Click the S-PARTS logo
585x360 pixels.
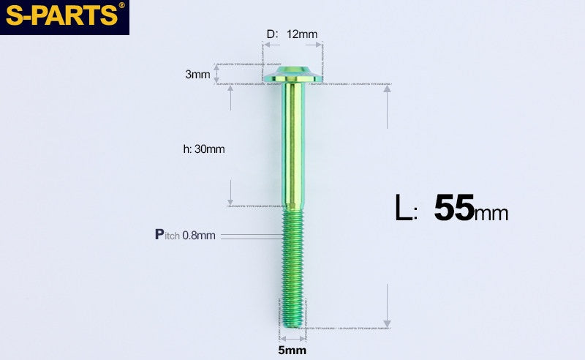[63, 16]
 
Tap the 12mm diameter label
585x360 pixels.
[302, 34]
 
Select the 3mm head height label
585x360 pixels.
[197, 75]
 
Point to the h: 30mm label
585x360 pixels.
[204, 149]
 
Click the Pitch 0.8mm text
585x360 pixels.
[185, 235]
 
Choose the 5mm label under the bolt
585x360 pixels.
[292, 350]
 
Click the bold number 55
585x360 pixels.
[453, 208]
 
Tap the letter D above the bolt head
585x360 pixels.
[271, 34]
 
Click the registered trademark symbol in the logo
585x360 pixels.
[121, 6]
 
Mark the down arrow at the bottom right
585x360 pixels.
[388, 323]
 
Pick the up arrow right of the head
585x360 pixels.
[388, 98]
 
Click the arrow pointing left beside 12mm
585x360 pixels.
[266, 45]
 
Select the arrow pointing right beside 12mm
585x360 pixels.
[319, 45]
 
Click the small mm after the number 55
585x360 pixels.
[491, 214]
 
